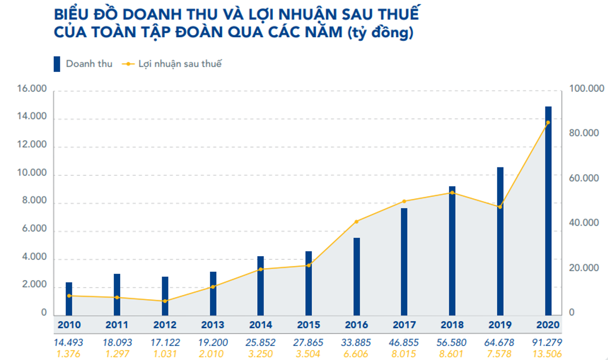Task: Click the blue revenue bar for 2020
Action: coord(548,210)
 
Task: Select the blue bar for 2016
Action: coord(357,276)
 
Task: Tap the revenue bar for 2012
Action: coord(165,295)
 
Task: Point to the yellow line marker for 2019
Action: coord(500,207)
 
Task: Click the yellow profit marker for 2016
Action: coord(357,221)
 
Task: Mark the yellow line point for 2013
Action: coord(213,287)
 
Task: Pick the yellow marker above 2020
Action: coord(548,123)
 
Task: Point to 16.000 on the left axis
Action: coord(32,90)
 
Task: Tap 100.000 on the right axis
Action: coord(584,90)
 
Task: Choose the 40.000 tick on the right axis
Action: coord(584,223)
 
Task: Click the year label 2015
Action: coord(309,325)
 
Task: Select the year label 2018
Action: coord(452,325)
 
